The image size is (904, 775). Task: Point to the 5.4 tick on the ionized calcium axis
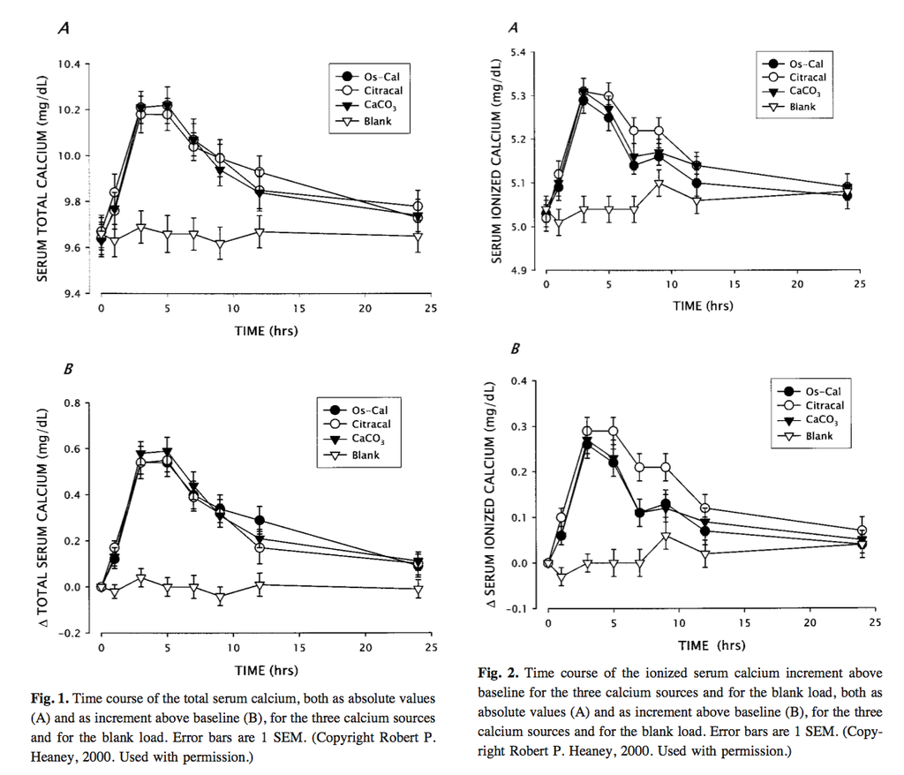coord(518,53)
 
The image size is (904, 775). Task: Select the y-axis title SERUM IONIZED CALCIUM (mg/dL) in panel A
coord(497,162)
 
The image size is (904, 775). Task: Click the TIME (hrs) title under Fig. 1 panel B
coord(266,670)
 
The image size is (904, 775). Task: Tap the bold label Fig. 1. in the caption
coord(50,698)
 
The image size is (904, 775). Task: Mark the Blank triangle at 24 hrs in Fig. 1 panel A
coord(418,237)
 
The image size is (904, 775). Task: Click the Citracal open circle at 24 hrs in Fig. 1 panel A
coord(418,207)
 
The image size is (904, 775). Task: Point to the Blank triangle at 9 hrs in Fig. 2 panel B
coord(666,537)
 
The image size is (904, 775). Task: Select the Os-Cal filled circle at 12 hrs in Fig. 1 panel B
coord(260,520)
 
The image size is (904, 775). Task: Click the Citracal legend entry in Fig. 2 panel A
coord(807,78)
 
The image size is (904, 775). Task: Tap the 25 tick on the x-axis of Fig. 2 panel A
coord(860,284)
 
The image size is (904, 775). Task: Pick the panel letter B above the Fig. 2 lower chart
coord(516,350)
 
